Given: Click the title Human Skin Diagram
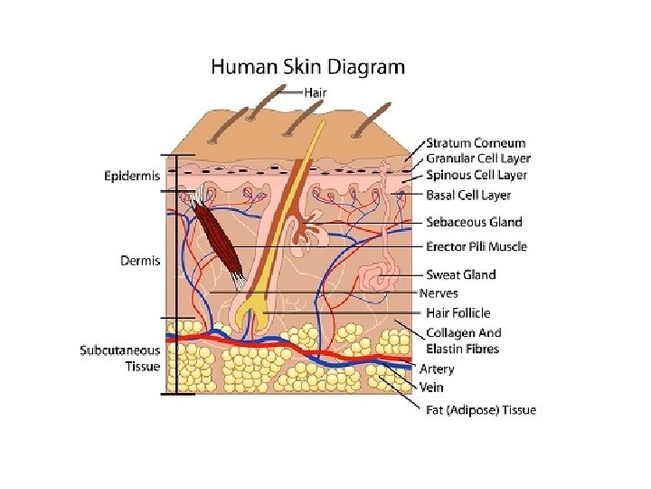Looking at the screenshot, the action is pyautogui.click(x=307, y=66).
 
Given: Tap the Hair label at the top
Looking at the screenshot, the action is pyautogui.click(x=316, y=91).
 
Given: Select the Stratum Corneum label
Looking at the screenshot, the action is pyautogui.click(x=476, y=143).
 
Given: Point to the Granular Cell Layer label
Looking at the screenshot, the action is pyautogui.click(x=478, y=158).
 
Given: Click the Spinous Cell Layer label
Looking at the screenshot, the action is pyautogui.click(x=476, y=175).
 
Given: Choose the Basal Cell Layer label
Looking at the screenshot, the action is pyautogui.click(x=468, y=195).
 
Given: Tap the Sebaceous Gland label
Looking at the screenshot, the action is pyautogui.click(x=474, y=222).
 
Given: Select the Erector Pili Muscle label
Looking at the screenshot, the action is pyautogui.click(x=476, y=246).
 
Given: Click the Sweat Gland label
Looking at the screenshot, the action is pyautogui.click(x=461, y=274).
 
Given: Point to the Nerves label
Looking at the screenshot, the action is pyautogui.click(x=439, y=293).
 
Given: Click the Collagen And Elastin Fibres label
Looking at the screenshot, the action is pyautogui.click(x=463, y=340).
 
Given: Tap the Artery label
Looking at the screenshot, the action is pyautogui.click(x=437, y=369).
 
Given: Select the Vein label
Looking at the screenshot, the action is pyautogui.click(x=431, y=387).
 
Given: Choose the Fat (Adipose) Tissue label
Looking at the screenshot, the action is pyautogui.click(x=481, y=410).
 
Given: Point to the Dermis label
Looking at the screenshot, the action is pyautogui.click(x=140, y=261).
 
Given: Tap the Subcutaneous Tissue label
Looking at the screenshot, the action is pyautogui.click(x=120, y=358).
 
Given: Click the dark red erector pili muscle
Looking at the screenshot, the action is pyautogui.click(x=220, y=240).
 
